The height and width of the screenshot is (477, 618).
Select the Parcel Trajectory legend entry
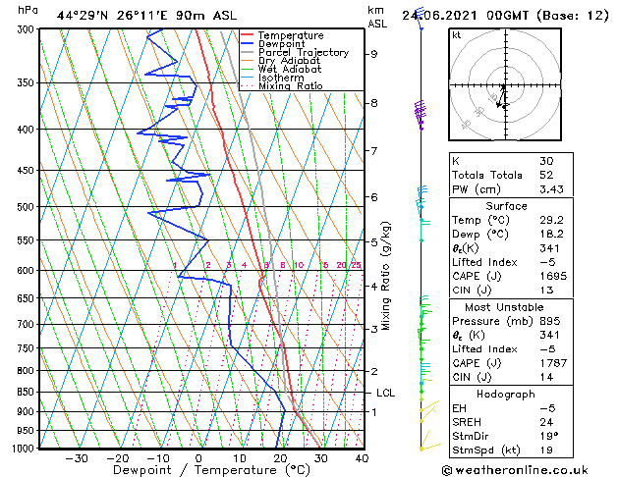pos(303,53)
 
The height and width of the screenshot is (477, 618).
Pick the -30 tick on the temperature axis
pos(76,457)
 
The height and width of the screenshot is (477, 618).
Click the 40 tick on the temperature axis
pos(361,457)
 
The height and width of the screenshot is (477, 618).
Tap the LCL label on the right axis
pos(386,393)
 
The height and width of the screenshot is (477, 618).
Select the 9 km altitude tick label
pos(374,55)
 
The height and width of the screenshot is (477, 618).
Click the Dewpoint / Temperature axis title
pos(197,470)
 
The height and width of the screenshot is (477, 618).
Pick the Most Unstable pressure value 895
pos(550,320)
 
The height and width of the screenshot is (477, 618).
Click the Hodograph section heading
pos(506,394)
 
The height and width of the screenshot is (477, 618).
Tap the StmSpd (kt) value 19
pos(546,450)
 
